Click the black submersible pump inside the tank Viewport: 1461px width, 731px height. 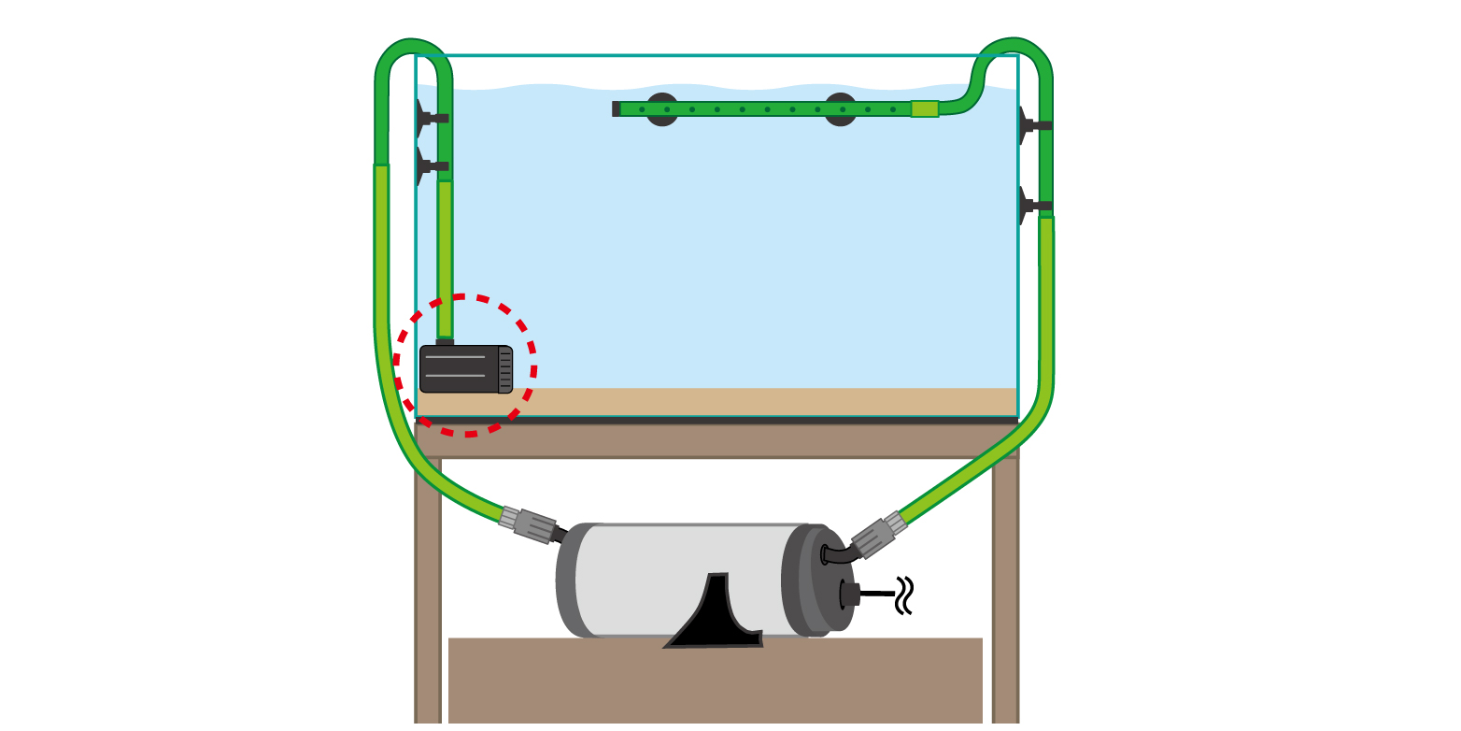pyautogui.click(x=460, y=368)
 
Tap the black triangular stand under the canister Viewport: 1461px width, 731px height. pyautogui.click(x=715, y=621)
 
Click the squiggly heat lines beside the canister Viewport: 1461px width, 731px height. pyautogui.click(x=903, y=595)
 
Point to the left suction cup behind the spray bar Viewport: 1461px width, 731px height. pyautogui.click(x=662, y=109)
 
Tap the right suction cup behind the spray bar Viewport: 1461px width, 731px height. pyautogui.click(x=840, y=109)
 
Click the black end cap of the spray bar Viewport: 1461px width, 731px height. pyautogui.click(x=616, y=108)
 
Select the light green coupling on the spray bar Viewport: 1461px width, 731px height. pyautogui.click(x=924, y=108)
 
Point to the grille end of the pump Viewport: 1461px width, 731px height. pyautogui.click(x=504, y=369)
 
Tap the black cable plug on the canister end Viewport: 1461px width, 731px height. pyautogui.click(x=849, y=594)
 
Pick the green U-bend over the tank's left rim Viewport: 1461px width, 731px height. pyautogui.click(x=413, y=56)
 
